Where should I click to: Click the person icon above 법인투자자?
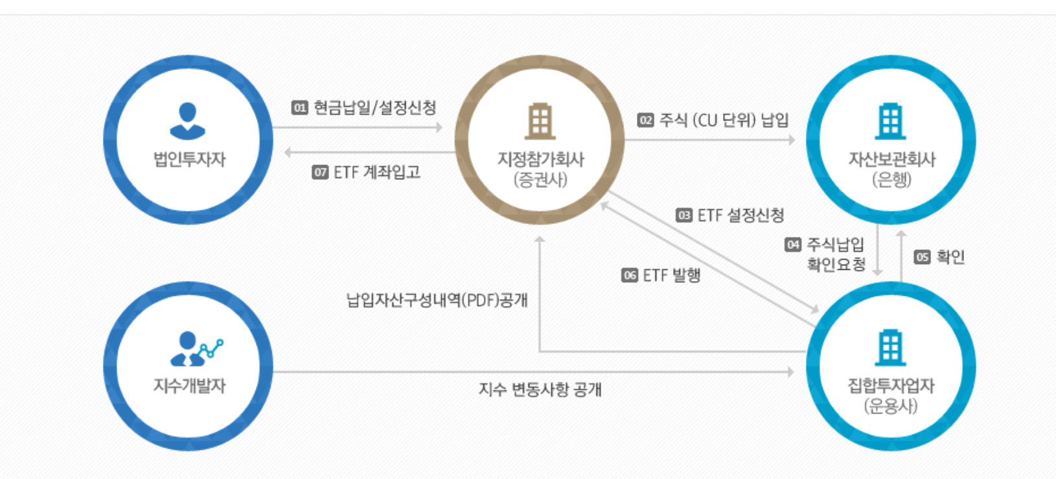click(x=188, y=121)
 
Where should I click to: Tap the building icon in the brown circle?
click(x=540, y=121)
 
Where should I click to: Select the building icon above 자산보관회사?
click(x=891, y=121)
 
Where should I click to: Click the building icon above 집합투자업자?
click(x=891, y=348)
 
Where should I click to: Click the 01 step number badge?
click(x=299, y=107)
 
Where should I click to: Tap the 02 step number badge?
click(x=645, y=120)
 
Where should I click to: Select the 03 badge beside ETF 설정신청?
click(x=684, y=215)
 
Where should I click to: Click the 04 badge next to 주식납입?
click(x=793, y=244)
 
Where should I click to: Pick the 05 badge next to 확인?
click(x=922, y=257)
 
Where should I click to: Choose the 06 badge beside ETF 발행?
click(x=630, y=275)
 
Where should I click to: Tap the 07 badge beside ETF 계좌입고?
click(x=320, y=172)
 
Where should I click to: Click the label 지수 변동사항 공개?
click(x=540, y=389)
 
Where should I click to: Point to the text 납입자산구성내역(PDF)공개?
click(x=437, y=300)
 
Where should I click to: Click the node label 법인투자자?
click(x=189, y=159)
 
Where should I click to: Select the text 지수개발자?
click(x=189, y=386)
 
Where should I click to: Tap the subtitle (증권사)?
click(x=540, y=179)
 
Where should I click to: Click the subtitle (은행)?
click(x=891, y=179)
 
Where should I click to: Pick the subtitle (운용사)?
click(x=891, y=406)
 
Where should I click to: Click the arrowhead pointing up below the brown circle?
click(x=540, y=240)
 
